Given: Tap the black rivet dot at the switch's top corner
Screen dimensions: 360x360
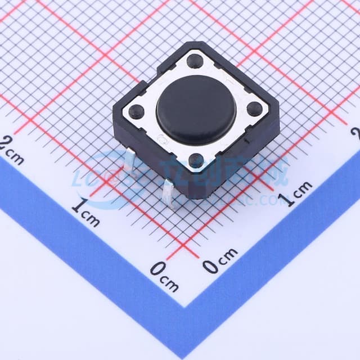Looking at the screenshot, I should click(195, 60).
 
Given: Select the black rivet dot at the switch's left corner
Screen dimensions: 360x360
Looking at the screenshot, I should click(136, 111).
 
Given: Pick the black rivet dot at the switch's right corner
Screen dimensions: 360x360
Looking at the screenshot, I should click(254, 109).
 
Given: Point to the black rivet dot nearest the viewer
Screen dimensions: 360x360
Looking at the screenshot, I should click(196, 161).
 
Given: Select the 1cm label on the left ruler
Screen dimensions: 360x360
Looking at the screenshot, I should click(85, 213).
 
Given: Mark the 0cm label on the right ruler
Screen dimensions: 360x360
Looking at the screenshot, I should click(220, 262).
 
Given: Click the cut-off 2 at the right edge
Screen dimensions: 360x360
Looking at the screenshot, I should click(356, 133).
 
